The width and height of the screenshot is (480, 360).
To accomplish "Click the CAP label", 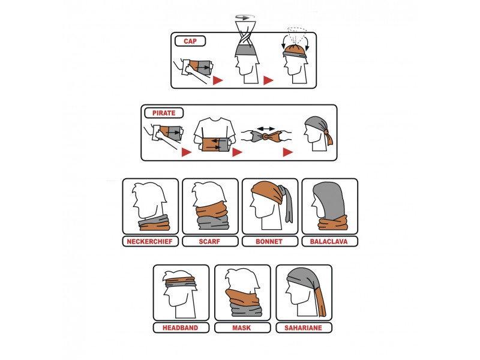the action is [190, 41].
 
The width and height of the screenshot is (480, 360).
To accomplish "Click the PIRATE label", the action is [164, 113].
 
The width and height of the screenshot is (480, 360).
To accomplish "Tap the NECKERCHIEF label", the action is [149, 242].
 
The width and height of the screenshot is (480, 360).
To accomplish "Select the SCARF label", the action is [209, 242].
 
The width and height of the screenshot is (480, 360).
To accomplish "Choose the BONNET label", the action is [269, 242].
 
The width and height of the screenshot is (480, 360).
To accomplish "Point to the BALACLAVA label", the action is [329, 242].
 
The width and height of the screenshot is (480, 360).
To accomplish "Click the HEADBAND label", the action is [181, 328].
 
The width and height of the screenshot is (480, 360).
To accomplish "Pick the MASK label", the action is [242, 328].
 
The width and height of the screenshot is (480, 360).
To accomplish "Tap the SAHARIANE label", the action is [304, 328].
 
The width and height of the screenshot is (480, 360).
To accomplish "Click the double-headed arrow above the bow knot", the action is [266, 128].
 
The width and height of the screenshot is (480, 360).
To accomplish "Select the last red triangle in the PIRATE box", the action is [287, 152].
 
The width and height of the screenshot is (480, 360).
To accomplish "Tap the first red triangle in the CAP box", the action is [218, 80].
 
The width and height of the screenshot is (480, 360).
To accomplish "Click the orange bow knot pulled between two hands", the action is [266, 137].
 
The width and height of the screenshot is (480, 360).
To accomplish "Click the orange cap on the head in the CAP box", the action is [295, 49].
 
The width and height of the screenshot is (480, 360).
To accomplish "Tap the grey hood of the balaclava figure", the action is [329, 199].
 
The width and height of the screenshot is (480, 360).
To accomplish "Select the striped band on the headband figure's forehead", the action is [180, 281].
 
